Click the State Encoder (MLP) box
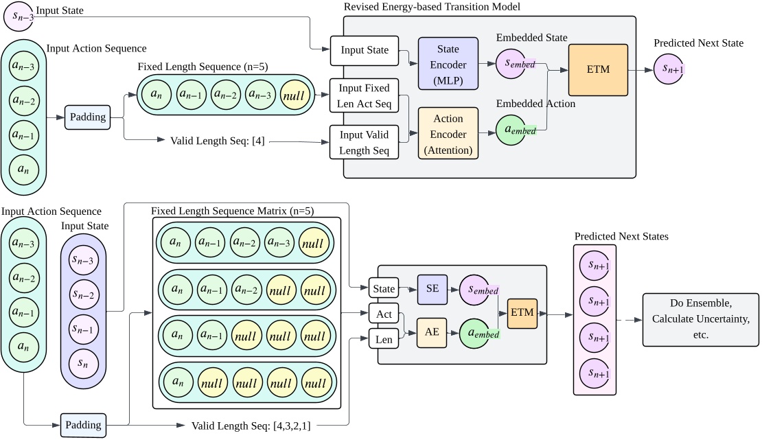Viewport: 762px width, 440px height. click(x=448, y=65)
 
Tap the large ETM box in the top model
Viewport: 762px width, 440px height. click(x=598, y=70)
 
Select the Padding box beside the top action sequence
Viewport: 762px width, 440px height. click(x=88, y=117)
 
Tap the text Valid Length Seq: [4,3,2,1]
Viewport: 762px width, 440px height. click(x=251, y=426)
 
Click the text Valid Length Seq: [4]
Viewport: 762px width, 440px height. click(x=218, y=141)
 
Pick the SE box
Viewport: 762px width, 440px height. click(x=432, y=288)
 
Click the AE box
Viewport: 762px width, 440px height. click(x=432, y=332)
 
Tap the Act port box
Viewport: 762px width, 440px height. click(x=384, y=314)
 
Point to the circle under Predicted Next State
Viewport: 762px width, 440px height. click(x=669, y=69)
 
